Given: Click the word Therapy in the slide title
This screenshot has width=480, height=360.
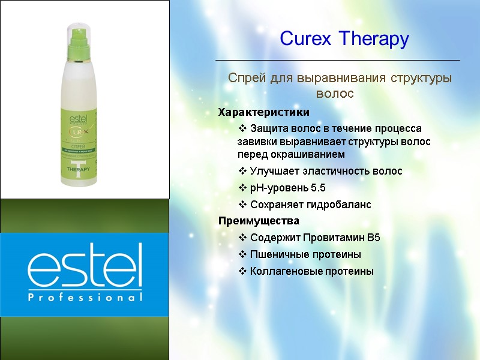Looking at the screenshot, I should coord(374,40).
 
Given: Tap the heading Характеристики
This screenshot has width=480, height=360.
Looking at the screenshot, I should coord(264,112).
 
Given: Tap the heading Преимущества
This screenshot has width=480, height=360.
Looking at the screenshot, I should coord(259,221).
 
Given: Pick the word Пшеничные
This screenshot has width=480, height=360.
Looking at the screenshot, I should coord(276,254).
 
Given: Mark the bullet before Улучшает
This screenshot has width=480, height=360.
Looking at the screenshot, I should coord(242,171).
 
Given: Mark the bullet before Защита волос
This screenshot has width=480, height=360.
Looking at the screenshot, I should coord(242,128).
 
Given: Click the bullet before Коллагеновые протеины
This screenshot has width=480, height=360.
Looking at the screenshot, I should coord(242,271).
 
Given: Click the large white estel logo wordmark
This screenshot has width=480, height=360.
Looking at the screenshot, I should coord(85,266).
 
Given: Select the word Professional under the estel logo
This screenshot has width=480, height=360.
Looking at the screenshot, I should coord(85,297).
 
